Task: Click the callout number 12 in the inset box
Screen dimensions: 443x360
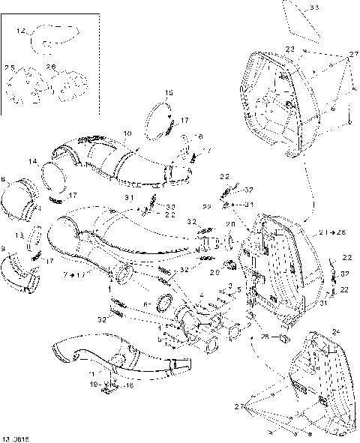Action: [x=21, y=31]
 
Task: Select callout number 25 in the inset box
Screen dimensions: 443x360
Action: [x=10, y=68]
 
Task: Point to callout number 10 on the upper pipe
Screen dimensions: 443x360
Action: [x=127, y=133]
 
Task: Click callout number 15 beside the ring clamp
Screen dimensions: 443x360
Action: [x=169, y=93]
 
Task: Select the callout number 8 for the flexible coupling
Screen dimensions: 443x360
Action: [x=4, y=180]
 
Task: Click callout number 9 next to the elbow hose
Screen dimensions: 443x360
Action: [x=4, y=249]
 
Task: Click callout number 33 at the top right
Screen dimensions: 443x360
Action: [x=313, y=7]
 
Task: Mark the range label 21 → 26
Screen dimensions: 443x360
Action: [x=330, y=233]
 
